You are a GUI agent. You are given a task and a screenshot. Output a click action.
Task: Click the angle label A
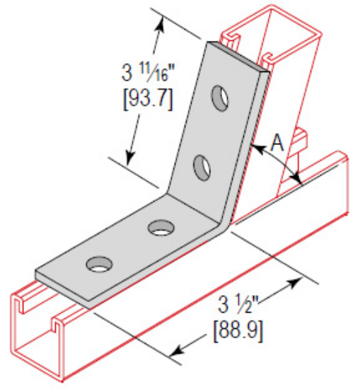point(278,144)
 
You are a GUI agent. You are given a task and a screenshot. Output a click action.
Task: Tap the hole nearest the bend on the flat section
point(162,228)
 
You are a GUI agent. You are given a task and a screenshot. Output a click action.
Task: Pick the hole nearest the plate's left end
point(98,265)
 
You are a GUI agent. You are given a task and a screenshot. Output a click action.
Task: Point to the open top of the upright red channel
point(265,32)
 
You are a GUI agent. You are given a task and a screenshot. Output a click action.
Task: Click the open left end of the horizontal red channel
point(39,332)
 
